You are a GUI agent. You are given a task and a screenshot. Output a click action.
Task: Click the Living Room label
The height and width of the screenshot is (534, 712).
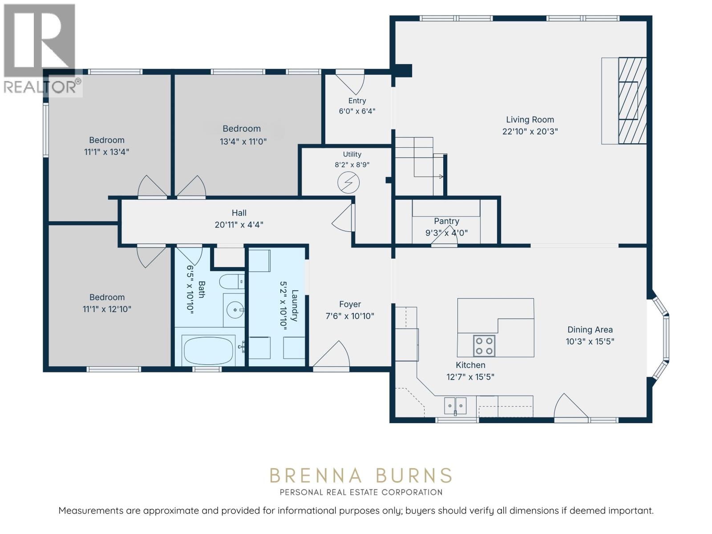pos(530,120)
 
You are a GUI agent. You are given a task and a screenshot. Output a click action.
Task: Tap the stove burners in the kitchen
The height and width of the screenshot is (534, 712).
pos(484,346)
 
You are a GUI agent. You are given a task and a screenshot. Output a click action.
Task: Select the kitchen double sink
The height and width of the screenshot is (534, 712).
pos(455,405)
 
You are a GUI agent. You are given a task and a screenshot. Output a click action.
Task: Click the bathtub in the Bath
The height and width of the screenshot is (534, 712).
pos(209,351)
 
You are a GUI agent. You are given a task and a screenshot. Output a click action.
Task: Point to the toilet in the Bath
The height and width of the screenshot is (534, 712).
pos(231,281)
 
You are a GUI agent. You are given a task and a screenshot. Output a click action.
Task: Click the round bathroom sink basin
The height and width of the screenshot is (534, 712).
pos(235,310)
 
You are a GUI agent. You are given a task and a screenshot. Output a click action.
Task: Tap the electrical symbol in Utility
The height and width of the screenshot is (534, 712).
pos(348,182)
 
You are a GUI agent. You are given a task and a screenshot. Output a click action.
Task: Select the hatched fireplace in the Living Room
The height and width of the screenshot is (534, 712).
pos(632,101)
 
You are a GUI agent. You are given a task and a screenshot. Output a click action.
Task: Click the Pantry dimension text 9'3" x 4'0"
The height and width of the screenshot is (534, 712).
pos(446,233)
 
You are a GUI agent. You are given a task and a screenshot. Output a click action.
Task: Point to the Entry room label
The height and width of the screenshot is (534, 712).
pos(357,101)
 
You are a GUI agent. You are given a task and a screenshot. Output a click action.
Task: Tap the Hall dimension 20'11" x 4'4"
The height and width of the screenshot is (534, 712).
pos(239,225)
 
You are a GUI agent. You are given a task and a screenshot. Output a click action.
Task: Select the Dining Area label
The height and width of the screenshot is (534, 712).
pos(590,330)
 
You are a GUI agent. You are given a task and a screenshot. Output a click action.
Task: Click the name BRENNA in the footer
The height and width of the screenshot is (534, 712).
pos(316,476)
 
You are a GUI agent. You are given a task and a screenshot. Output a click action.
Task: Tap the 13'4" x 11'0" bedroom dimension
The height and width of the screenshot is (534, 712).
pos(243,142)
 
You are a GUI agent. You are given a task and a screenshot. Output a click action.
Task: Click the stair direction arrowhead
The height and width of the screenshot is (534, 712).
pos(441,177)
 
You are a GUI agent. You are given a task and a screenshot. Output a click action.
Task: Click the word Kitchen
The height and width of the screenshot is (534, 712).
pos(470,365)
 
